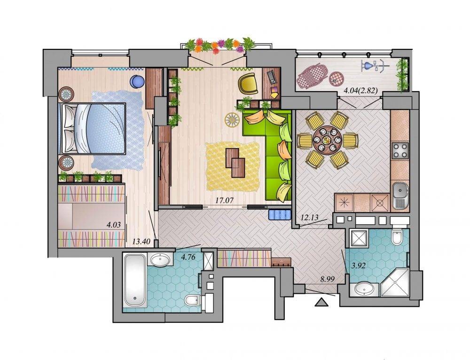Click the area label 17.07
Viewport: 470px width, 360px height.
pos(224,200)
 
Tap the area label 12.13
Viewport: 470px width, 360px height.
pos(309,217)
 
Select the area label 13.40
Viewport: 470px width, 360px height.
pos(141,241)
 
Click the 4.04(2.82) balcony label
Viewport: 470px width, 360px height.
pos(360,90)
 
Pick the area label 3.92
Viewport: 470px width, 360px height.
pos(358,265)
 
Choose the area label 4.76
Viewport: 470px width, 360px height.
pos(188,256)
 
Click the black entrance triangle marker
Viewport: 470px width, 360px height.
pos(322,302)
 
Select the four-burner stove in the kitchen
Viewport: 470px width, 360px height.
pos(400,150)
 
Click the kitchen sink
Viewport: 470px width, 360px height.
pos(400,195)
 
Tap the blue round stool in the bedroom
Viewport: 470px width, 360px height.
pos(137,81)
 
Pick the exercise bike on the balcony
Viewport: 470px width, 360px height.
pos(375,66)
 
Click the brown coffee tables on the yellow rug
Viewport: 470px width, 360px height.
pos(235,162)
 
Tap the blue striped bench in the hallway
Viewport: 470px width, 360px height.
pos(280,215)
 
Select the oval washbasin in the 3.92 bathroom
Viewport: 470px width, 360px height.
pos(364,290)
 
